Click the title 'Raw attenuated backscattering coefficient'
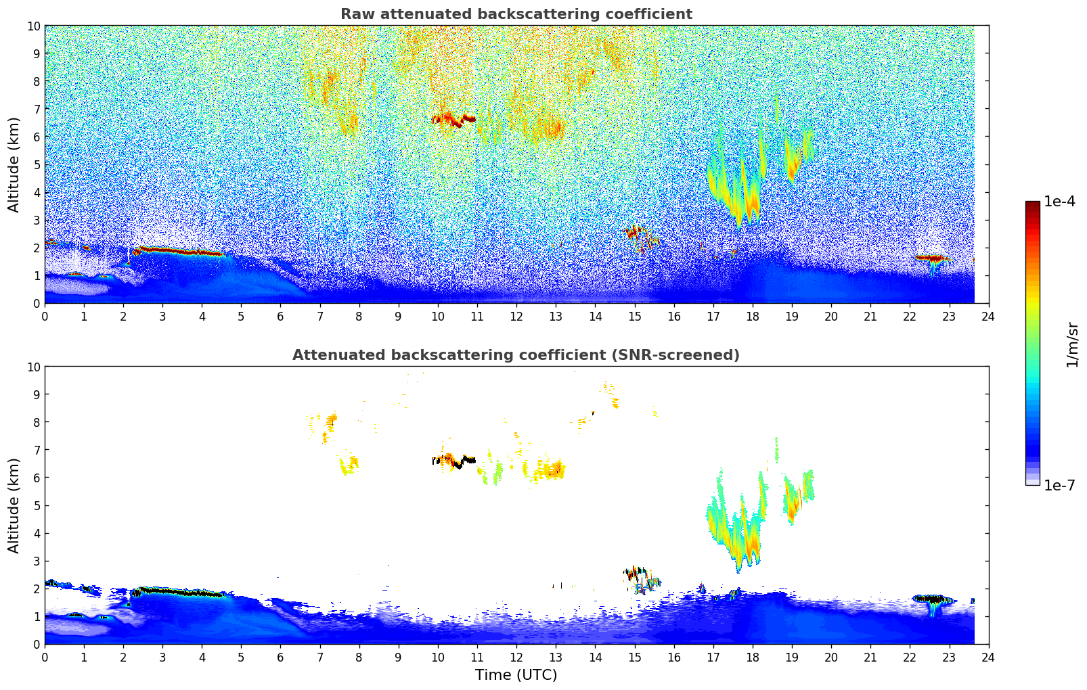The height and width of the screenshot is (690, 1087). [516, 14]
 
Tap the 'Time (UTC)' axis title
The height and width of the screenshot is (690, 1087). [516, 675]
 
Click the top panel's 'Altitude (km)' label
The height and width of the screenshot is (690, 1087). [14, 164]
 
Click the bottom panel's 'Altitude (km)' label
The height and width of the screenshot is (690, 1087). [14, 505]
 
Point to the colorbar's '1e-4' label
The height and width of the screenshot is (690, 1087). [1059, 202]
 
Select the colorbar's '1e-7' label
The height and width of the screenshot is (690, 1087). [1059, 485]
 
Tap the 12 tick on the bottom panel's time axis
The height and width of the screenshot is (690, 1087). [516, 657]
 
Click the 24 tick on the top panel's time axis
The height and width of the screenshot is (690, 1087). [988, 316]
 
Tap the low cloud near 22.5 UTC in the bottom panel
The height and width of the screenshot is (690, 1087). [931, 599]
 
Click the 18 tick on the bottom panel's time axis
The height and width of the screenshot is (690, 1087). [753, 657]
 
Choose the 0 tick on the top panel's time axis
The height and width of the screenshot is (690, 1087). [45, 316]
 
